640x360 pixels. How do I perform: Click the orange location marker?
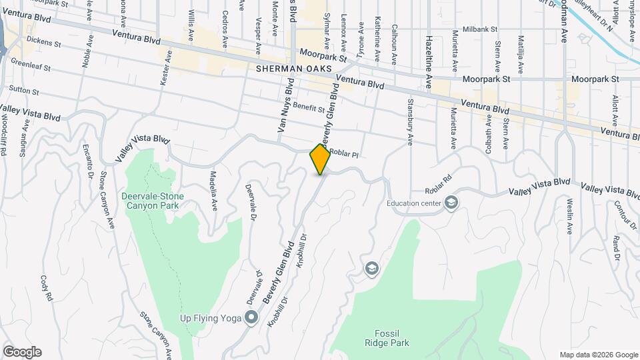(321, 159)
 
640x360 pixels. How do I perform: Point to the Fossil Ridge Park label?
(387, 338)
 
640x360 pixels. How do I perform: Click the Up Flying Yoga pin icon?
(251, 318)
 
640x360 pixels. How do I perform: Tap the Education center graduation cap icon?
(451, 202)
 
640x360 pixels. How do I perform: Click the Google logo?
(22, 352)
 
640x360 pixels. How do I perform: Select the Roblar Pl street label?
(345, 154)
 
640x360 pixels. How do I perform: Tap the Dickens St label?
(44, 44)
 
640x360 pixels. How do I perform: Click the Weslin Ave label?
(570, 214)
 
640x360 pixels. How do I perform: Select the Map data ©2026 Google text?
(598, 354)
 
